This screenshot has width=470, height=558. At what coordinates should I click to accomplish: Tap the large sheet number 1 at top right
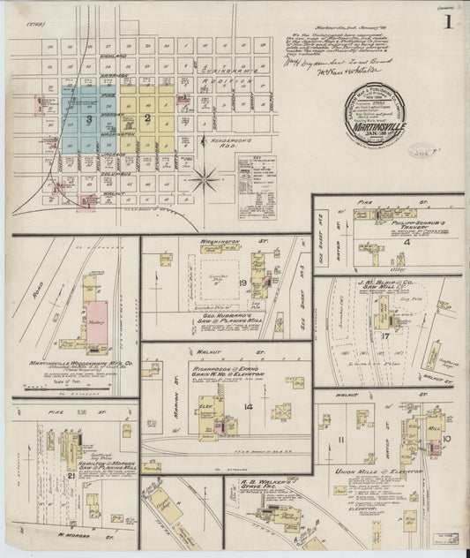(x=449, y=23)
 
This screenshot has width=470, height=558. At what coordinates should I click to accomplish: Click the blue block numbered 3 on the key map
(x=89, y=117)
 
